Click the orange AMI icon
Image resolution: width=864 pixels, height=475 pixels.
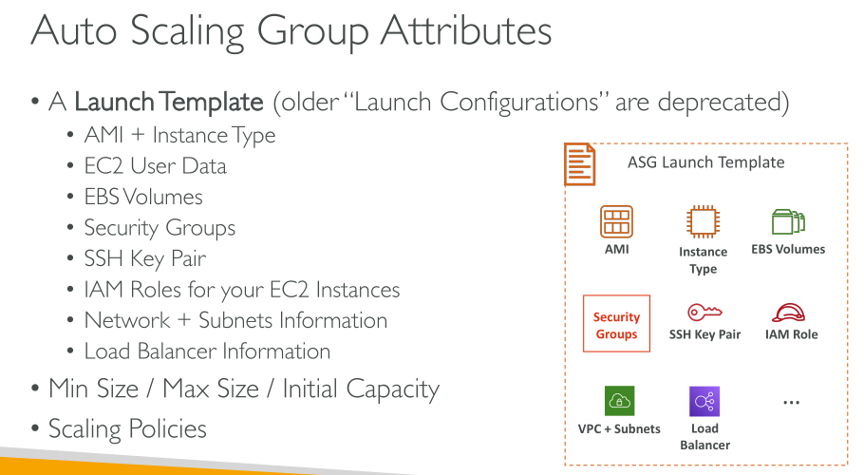tap(616, 221)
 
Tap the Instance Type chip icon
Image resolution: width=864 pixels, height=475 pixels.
tap(703, 221)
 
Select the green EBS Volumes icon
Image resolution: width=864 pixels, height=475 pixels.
tap(788, 222)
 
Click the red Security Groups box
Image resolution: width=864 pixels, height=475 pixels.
tap(616, 323)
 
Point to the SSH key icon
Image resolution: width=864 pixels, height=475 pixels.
tap(704, 312)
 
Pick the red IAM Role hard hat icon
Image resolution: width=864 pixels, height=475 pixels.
tap(788, 313)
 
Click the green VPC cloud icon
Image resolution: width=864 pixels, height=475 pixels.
tap(619, 401)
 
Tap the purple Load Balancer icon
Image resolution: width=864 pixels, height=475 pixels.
tap(704, 401)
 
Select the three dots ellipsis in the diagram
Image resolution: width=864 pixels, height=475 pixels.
tap(791, 403)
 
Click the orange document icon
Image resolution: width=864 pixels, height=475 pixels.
tap(580, 163)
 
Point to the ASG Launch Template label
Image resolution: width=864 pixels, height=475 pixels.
tap(705, 162)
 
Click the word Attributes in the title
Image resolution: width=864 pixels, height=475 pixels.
tap(466, 30)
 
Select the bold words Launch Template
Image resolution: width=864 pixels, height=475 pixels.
tap(169, 102)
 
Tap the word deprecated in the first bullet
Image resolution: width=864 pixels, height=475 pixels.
tap(723, 102)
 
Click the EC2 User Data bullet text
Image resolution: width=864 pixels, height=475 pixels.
tap(156, 166)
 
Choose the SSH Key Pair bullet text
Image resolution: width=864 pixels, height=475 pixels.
tap(145, 258)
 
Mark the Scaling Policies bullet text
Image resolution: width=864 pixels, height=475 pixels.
tap(127, 429)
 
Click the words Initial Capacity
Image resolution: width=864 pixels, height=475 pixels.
tap(361, 389)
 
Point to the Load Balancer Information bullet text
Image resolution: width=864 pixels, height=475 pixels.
tap(207, 351)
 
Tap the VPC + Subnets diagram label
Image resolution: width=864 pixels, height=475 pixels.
tap(619, 428)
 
